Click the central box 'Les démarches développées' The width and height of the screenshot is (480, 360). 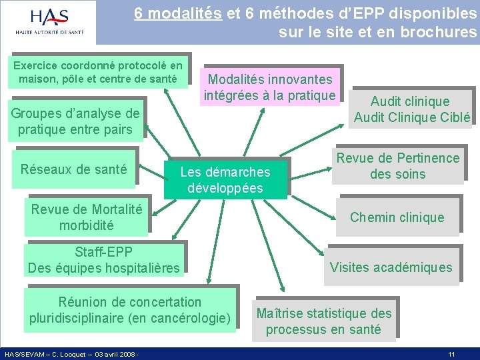coord(225,179)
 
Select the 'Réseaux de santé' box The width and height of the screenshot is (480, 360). coord(73,169)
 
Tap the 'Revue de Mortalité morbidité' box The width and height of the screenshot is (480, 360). coord(87,217)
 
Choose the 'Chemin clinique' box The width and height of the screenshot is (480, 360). coord(397,217)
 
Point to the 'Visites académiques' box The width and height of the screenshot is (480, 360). coord(391,268)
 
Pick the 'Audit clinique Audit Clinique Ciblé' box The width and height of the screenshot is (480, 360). coord(411,110)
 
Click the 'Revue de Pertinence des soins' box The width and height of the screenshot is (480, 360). coord(398,166)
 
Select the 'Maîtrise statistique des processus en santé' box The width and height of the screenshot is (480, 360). coord(324,321)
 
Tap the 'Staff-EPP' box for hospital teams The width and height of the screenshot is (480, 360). coord(103,260)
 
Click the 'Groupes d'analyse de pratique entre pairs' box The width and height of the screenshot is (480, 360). coord(75,121)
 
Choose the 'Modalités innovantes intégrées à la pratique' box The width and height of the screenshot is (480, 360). coord(269,87)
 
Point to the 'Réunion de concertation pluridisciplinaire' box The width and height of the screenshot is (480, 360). coord(130,310)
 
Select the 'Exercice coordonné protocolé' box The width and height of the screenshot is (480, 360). coord(98,73)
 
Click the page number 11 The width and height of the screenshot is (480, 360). coord(451,354)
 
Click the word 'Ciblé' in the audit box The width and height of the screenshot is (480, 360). coord(455,118)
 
